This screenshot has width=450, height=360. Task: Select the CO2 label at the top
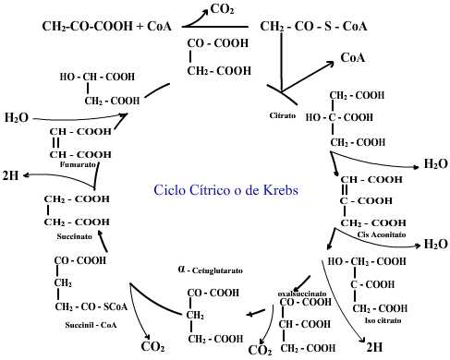tap(222, 9)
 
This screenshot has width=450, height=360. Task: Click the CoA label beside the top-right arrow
tap(354, 57)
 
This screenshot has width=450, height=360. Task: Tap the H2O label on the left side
tap(17, 118)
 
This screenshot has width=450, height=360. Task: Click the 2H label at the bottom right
tap(374, 348)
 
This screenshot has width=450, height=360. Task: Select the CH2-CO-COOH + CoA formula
tap(107, 27)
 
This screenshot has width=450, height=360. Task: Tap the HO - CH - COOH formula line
tap(100, 78)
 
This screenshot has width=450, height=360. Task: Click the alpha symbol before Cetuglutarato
tap(182, 270)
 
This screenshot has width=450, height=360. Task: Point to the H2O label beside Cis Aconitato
tap(435, 244)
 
